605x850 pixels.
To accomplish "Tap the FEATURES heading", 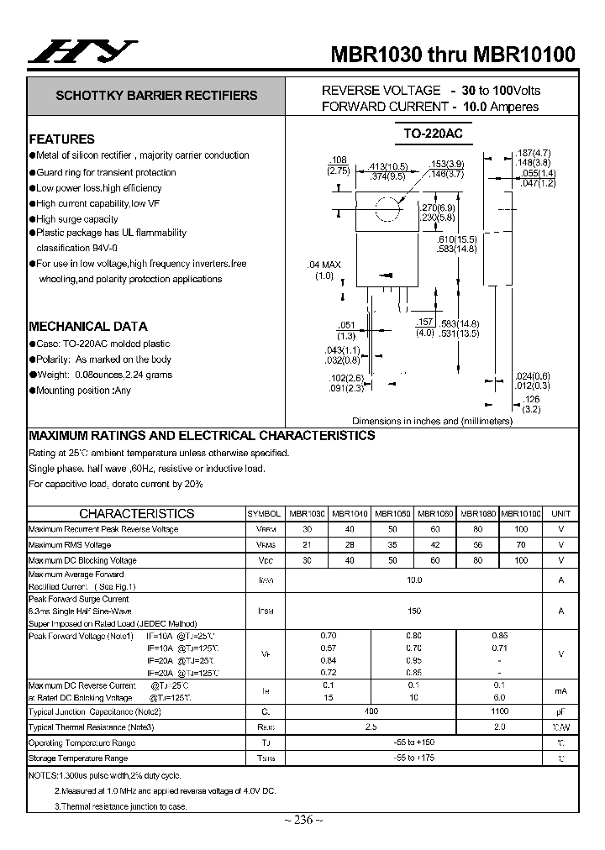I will click(62, 139).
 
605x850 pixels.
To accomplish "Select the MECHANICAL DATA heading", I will click(88, 327).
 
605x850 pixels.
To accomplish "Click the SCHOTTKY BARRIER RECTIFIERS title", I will click(156, 96).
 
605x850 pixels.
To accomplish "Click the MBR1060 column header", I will click(434, 513).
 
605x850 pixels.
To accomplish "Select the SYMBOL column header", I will click(264, 513).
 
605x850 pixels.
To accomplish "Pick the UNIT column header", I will click(560, 513).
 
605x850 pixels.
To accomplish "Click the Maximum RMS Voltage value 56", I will click(477, 545).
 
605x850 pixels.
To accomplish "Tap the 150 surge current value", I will click(413, 611).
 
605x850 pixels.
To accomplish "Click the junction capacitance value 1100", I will click(499, 711).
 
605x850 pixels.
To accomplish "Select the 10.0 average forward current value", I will click(413, 580).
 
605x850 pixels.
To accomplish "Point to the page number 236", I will click(302, 821).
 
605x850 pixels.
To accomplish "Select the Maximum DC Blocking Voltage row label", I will click(82, 560).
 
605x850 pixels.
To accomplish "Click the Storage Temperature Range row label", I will click(78, 758).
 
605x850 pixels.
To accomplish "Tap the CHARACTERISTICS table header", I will click(136, 513).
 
